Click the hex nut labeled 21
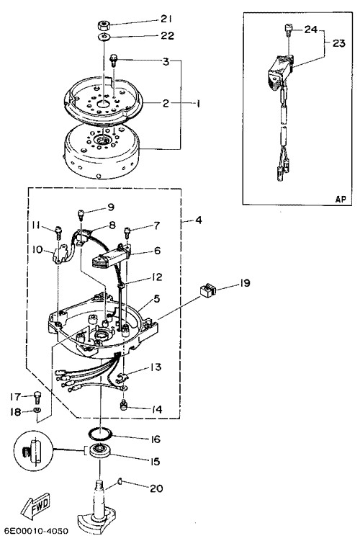104,25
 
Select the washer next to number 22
104,37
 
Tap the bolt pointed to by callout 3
113,61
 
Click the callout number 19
245,283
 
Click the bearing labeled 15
99,451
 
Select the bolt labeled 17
37,398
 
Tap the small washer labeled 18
37,410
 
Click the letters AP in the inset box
341,199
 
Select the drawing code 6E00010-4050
36,531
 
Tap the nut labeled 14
123,406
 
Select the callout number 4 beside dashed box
198,220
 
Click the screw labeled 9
81,214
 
